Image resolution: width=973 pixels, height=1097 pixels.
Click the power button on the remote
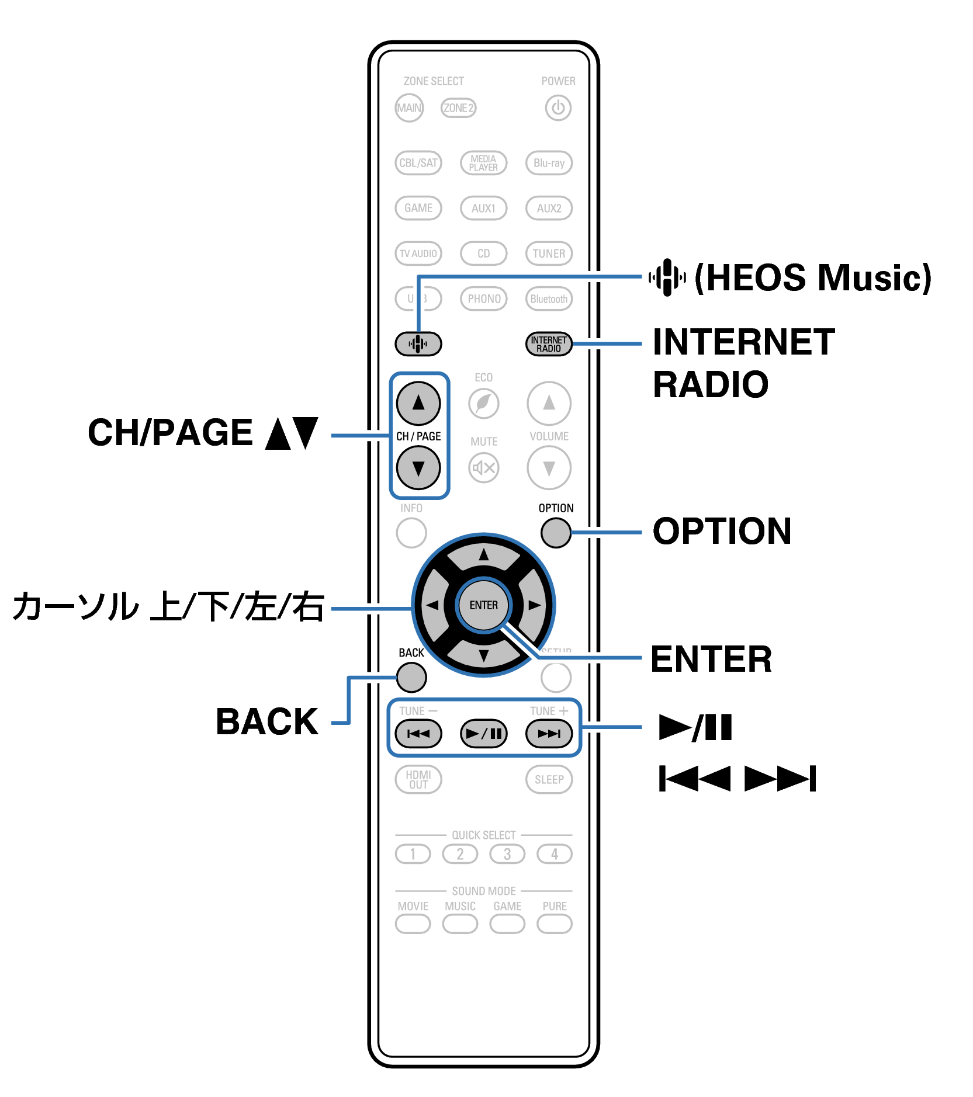click(x=558, y=108)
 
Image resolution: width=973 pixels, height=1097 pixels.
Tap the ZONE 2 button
click(x=458, y=108)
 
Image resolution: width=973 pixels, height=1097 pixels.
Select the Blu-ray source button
click(x=549, y=163)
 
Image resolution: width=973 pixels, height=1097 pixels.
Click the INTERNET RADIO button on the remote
click(x=549, y=344)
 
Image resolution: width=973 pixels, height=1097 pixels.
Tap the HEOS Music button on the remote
click(x=418, y=343)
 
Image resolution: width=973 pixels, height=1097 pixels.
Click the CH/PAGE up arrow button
click(x=418, y=403)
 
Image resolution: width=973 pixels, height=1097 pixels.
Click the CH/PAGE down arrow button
click(x=418, y=468)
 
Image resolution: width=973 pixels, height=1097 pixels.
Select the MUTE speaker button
click(x=484, y=468)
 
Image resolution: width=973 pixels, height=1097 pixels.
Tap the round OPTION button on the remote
click(x=555, y=533)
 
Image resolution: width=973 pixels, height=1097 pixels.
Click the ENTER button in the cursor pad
click(x=484, y=605)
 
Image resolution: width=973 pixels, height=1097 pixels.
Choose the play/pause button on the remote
click(x=484, y=734)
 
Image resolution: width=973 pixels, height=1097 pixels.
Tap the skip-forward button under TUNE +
click(x=549, y=734)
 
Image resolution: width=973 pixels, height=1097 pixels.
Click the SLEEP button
click(x=549, y=780)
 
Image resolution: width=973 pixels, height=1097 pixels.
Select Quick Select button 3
click(x=507, y=854)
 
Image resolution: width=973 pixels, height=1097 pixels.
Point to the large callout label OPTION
click(x=722, y=532)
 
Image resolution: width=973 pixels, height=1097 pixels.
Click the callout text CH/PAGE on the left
click(x=170, y=433)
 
